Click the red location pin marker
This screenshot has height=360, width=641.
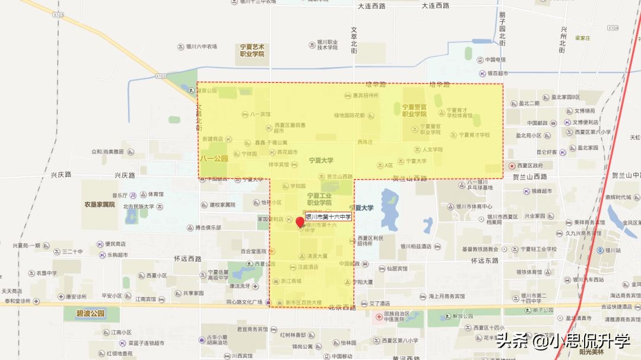300,222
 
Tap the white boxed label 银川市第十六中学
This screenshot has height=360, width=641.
328,217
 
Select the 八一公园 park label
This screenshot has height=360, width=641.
214,158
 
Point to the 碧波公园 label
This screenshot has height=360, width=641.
90,313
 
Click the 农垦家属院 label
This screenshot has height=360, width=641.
99,205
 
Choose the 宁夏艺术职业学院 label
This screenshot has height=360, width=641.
252,50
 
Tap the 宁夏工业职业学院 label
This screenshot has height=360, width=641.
319,199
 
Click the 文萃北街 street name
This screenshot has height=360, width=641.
354,40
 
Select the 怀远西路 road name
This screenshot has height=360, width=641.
188,259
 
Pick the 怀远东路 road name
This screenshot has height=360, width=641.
485,260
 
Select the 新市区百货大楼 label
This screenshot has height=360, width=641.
303,302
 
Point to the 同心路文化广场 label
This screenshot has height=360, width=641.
244,302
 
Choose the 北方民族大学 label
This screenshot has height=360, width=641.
138,206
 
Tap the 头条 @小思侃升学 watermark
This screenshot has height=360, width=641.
563,341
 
